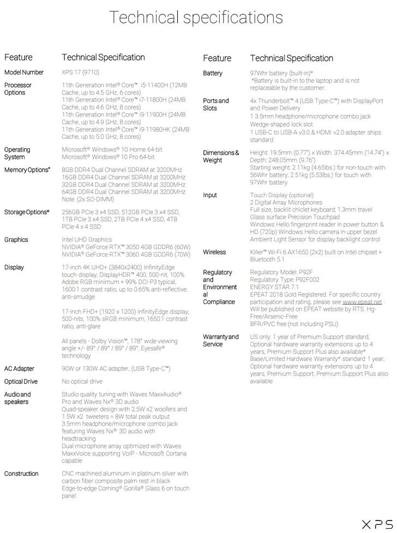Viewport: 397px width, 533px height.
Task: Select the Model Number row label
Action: tap(24, 72)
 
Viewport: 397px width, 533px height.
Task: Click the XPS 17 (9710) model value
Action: tap(81, 72)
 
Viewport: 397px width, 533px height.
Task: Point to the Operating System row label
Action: tap(17, 153)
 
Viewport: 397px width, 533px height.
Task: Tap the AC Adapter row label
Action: tap(20, 368)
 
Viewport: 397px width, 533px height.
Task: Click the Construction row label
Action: tap(22, 474)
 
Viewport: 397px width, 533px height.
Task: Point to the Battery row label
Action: tap(213, 73)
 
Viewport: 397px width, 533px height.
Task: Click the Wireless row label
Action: tap(214, 252)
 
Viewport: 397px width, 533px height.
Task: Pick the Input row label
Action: tap(210, 195)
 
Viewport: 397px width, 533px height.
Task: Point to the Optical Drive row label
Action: tap(21, 381)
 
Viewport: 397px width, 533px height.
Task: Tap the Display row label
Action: tap(15, 268)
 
